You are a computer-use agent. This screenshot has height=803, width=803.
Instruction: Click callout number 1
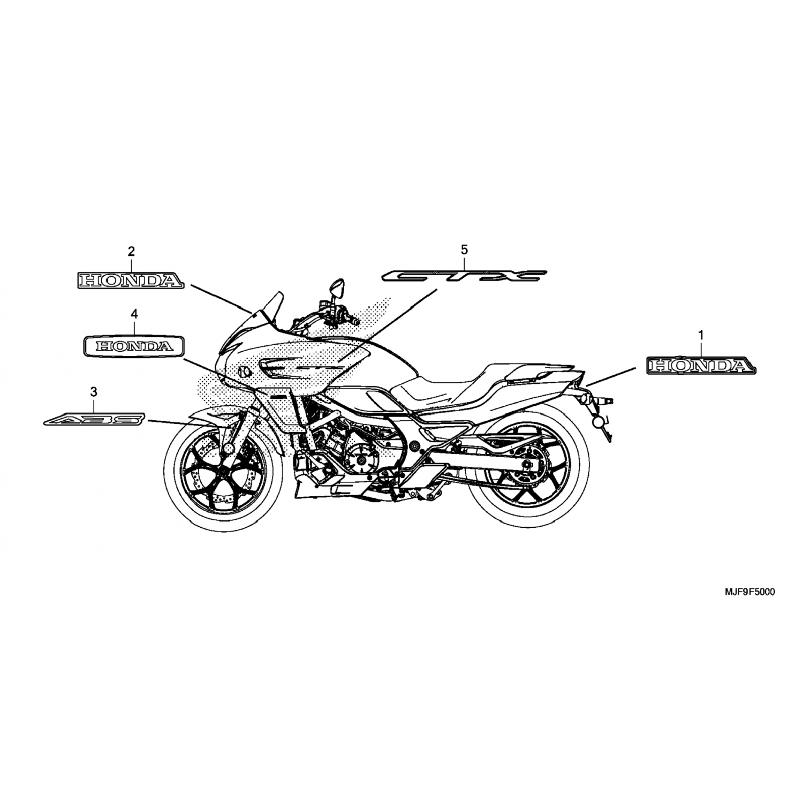(701, 335)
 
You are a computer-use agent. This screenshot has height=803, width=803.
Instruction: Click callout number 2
(131, 251)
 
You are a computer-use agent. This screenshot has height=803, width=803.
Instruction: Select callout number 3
(94, 392)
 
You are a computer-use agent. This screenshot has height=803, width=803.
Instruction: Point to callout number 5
(464, 249)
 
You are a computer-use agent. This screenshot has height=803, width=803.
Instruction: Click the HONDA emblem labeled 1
(701, 365)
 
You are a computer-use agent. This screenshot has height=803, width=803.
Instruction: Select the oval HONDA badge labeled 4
(134, 346)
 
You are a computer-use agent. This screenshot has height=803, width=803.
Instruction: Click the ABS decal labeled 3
(94, 419)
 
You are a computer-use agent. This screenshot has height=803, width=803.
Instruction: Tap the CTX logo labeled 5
(464, 276)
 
